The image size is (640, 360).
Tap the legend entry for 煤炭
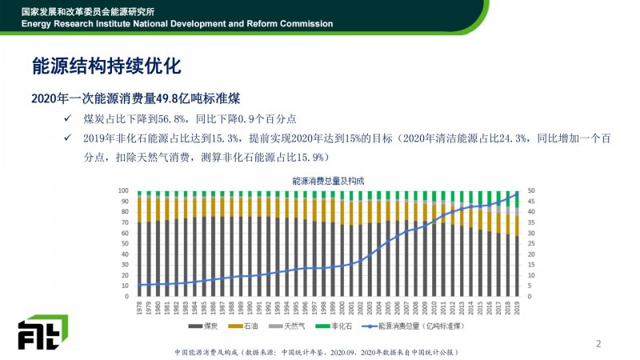(206, 326)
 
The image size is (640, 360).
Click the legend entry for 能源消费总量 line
(408, 326)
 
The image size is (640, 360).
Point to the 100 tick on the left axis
(123, 191)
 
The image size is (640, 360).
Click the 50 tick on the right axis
(530, 191)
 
